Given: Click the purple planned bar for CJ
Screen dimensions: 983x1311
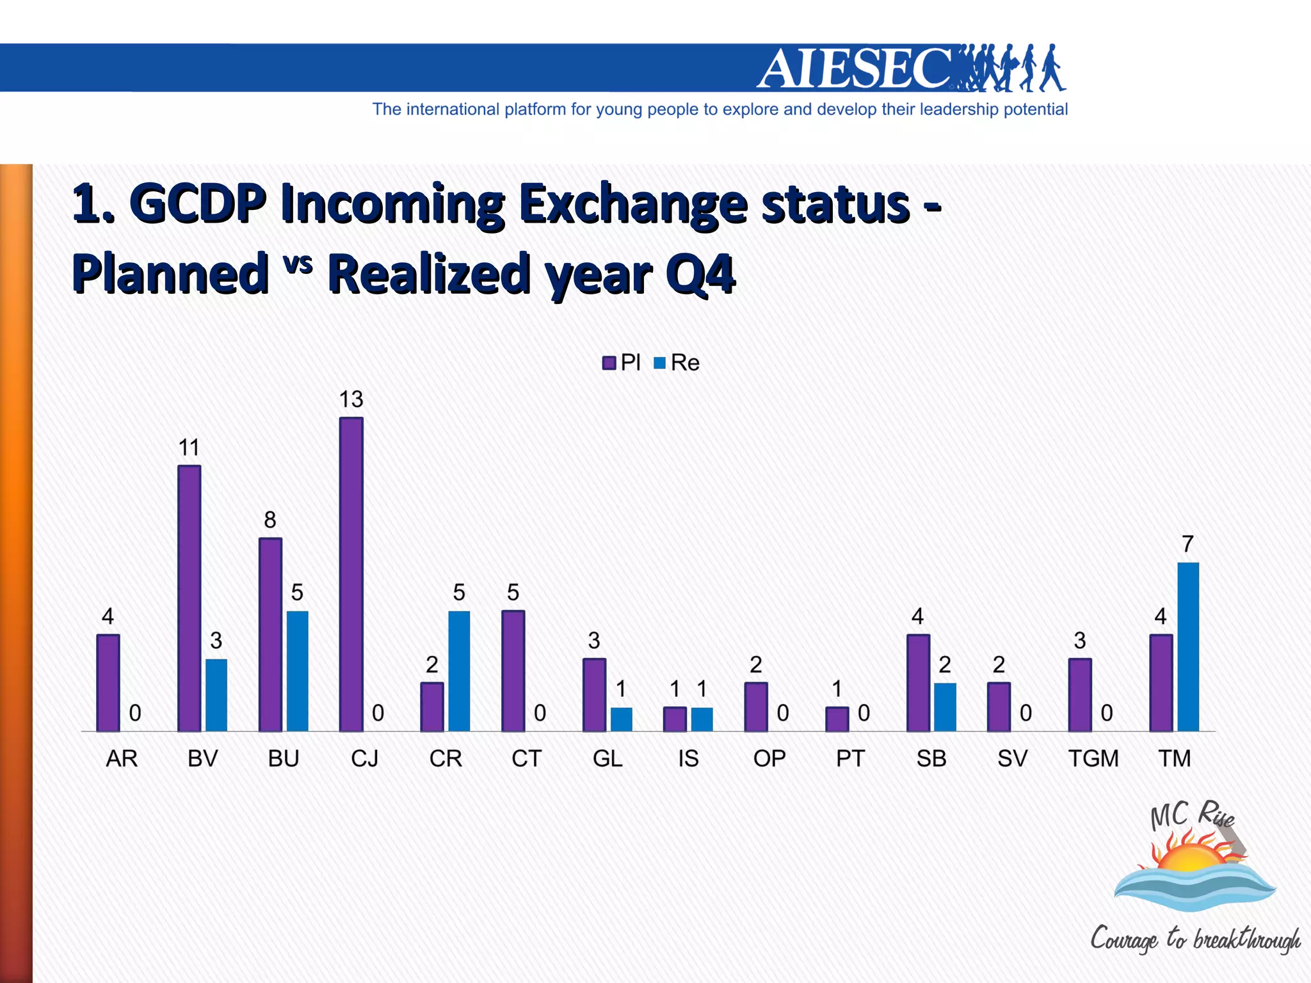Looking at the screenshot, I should point(351,574).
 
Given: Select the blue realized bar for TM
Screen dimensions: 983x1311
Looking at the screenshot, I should point(1188,646).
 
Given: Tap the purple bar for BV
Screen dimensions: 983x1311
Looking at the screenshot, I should point(189,598).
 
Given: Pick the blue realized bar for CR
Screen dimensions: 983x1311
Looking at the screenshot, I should point(459,671).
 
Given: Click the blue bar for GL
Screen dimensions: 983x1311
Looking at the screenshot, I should point(621,719).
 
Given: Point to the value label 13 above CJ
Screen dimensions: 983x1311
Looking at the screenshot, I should point(351,399).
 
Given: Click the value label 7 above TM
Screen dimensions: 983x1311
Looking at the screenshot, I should point(1188,544).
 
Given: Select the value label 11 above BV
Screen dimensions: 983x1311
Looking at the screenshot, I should point(189,447).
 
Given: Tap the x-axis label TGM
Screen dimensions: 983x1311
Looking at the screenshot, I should point(1093,758).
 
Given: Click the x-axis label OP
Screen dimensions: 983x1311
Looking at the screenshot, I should point(769,758).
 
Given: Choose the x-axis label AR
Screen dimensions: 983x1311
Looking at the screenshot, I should point(122,758).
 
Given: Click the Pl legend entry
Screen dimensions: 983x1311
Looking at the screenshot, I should point(622,363).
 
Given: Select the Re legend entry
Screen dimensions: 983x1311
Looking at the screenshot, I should point(677,363).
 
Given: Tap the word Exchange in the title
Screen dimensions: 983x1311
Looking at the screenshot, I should point(632,205).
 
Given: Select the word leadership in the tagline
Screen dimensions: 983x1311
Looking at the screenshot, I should point(959,109).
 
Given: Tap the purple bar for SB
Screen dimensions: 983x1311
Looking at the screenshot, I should point(918,683).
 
